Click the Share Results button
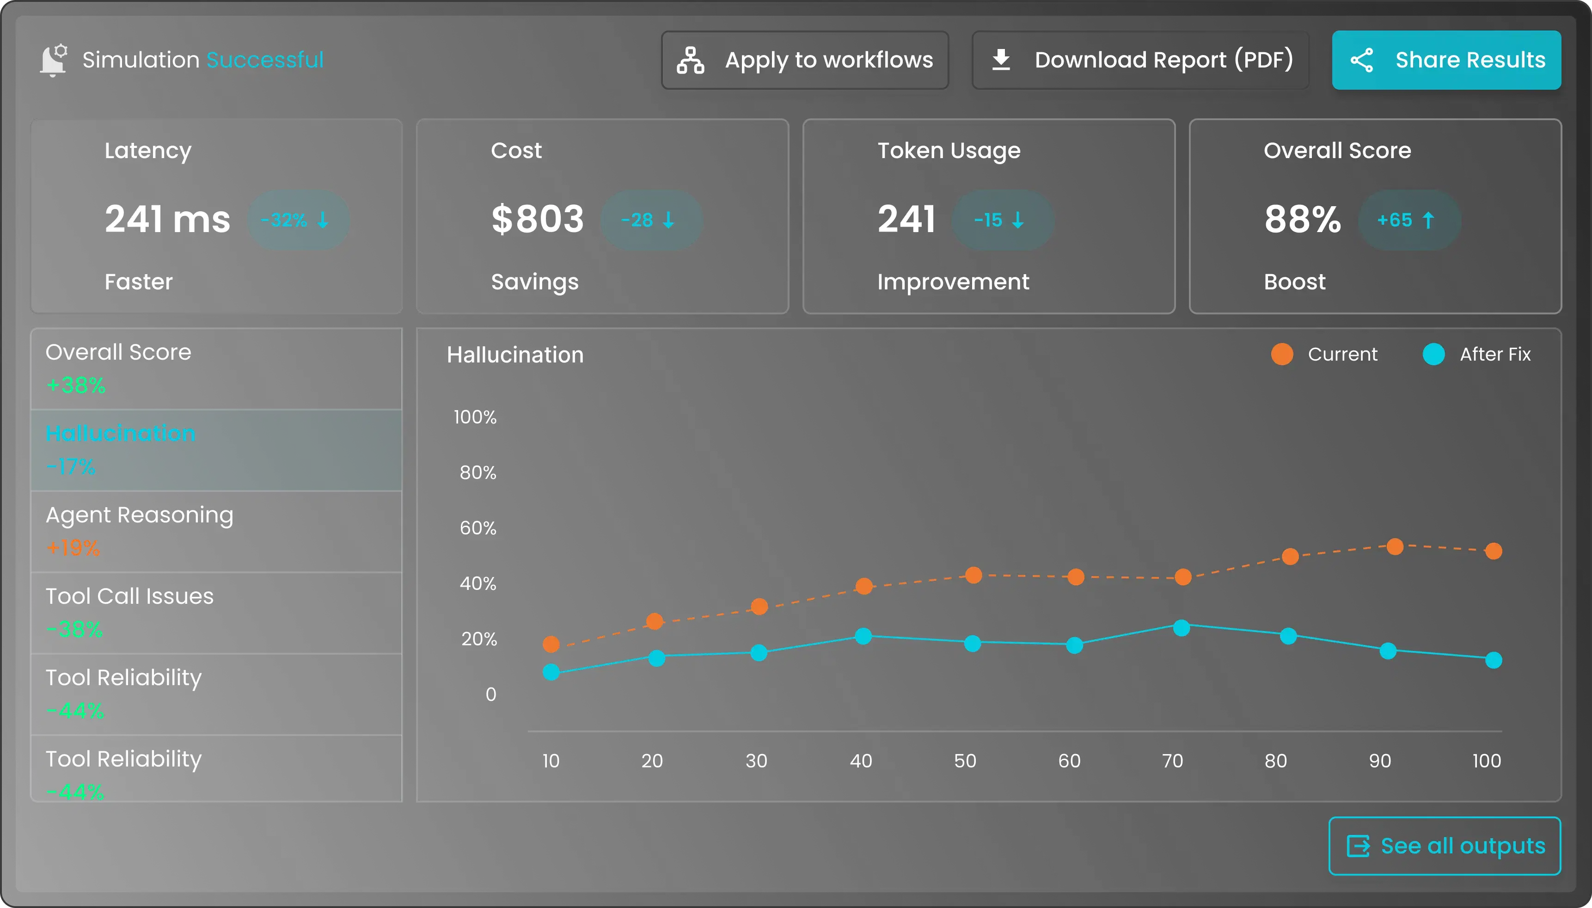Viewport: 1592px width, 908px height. point(1446,60)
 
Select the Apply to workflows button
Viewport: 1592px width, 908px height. point(805,60)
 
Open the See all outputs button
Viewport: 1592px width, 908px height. point(1444,846)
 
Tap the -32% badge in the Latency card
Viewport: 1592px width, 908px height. point(298,220)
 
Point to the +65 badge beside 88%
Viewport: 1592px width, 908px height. point(1409,220)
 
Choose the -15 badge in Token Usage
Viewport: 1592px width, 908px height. point(1002,220)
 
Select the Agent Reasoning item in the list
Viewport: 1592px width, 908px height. point(216,531)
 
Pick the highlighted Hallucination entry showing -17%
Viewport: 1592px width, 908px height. point(216,450)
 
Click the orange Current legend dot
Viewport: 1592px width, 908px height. point(1281,354)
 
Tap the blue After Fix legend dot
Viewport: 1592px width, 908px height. point(1433,354)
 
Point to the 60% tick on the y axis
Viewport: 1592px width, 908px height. point(478,528)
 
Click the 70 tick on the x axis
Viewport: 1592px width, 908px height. point(1172,761)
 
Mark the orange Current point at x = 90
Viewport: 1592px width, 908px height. point(1395,547)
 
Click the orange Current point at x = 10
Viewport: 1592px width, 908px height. point(551,644)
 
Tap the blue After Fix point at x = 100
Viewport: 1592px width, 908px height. point(1494,660)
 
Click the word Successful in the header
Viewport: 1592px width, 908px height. point(265,60)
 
